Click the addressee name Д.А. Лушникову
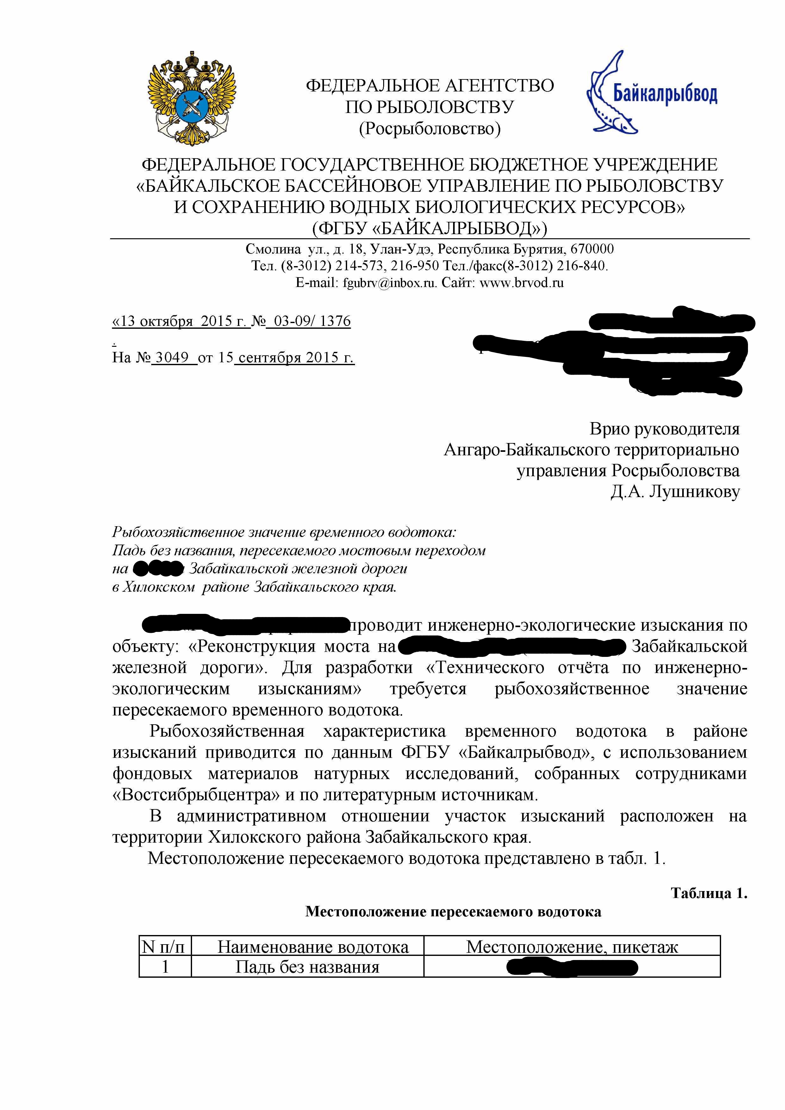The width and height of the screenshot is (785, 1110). pyautogui.click(x=675, y=492)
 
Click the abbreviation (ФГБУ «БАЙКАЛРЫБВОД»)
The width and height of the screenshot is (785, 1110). pyautogui.click(x=429, y=228)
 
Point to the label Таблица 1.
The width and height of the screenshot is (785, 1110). pyautogui.click(x=709, y=894)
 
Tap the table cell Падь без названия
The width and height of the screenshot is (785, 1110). pyautogui.click(x=308, y=967)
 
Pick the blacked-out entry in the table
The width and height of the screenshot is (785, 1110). pyautogui.click(x=572, y=967)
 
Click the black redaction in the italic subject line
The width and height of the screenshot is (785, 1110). pyautogui.click(x=158, y=569)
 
